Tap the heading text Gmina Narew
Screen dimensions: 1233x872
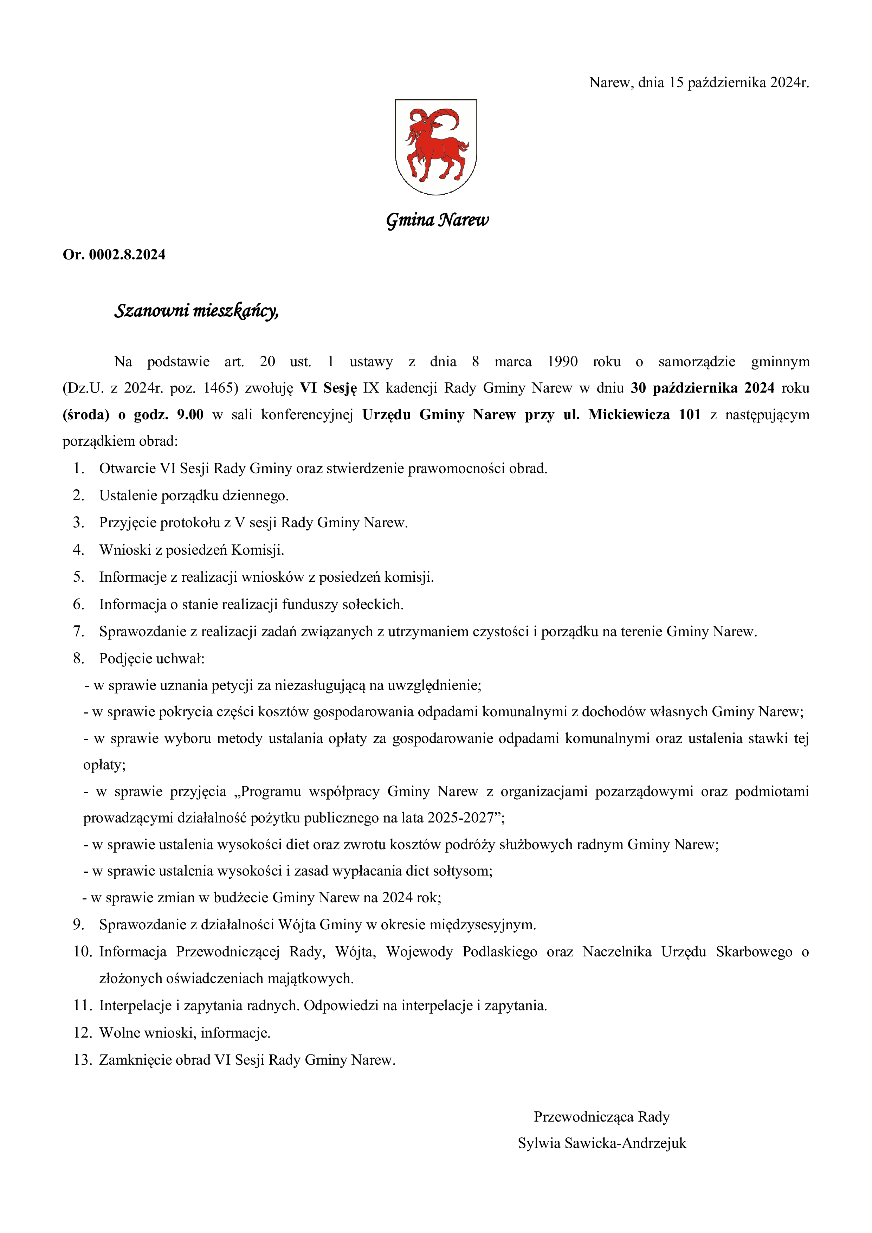click(437, 220)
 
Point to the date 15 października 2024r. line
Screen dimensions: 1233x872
click(699, 83)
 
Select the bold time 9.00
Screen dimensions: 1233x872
click(190, 415)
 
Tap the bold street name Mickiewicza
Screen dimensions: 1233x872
click(629, 415)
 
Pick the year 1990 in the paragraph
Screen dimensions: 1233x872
click(562, 361)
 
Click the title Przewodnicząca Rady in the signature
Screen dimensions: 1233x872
click(601, 1116)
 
